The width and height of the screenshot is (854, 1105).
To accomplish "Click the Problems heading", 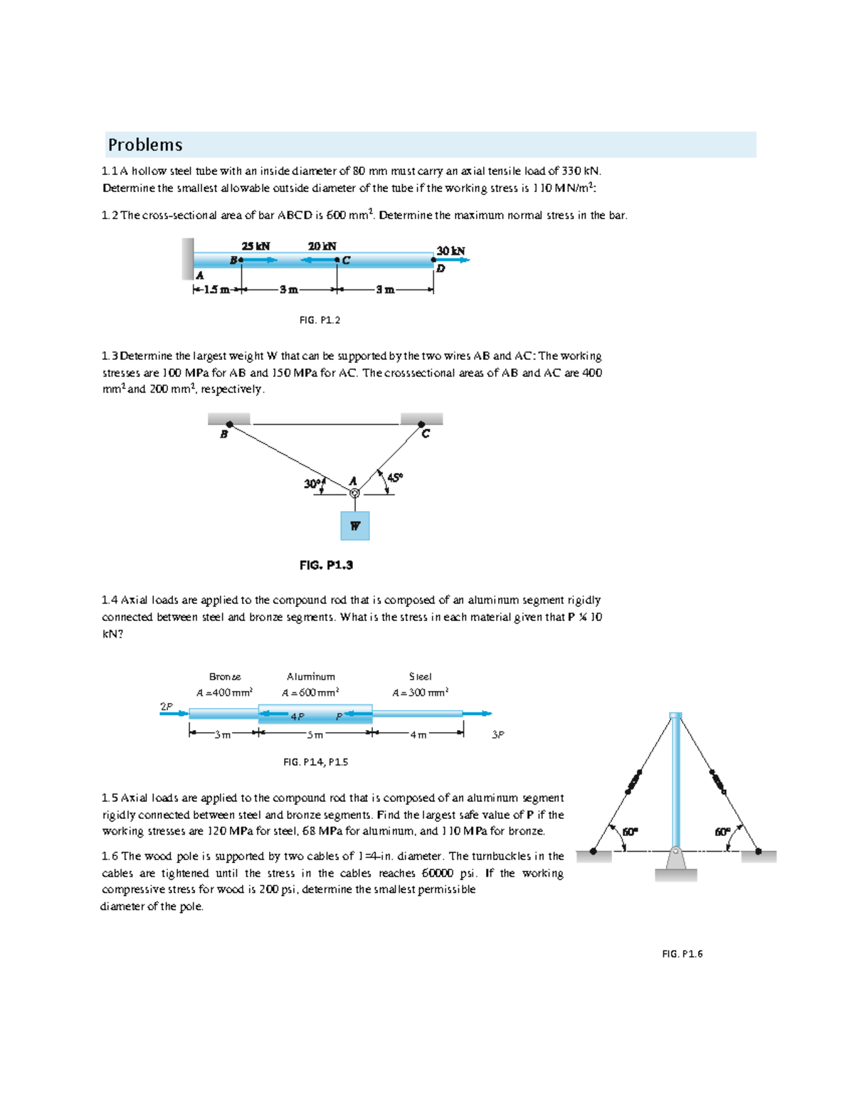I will click(x=145, y=145).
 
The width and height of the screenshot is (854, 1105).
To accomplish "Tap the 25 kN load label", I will click(x=255, y=246).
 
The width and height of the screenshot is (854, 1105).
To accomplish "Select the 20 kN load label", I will click(x=322, y=246).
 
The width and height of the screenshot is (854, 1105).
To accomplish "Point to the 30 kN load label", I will click(x=450, y=250).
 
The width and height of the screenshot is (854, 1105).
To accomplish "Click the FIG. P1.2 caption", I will click(x=320, y=320).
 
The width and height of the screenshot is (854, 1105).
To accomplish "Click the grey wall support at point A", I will click(x=187, y=258).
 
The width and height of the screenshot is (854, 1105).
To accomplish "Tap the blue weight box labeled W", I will click(x=354, y=526).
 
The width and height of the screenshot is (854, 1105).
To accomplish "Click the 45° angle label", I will click(x=395, y=477).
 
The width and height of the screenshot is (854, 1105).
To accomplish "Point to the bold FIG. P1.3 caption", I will click(x=326, y=565).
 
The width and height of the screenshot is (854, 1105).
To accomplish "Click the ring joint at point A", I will click(x=354, y=493).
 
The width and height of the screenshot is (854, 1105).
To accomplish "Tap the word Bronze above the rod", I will click(x=225, y=677).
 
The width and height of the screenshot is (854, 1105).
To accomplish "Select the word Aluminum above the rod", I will click(x=311, y=677).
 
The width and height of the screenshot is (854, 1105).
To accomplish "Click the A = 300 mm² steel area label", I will click(x=420, y=692).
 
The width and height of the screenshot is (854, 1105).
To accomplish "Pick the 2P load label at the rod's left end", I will click(x=166, y=707).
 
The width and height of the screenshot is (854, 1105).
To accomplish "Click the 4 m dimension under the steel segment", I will click(x=418, y=735).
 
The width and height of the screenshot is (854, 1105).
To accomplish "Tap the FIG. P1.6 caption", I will click(x=682, y=954).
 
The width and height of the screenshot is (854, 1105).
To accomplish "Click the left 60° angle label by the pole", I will click(x=631, y=832).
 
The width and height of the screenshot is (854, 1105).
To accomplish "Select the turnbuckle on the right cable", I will click(x=717, y=781).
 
